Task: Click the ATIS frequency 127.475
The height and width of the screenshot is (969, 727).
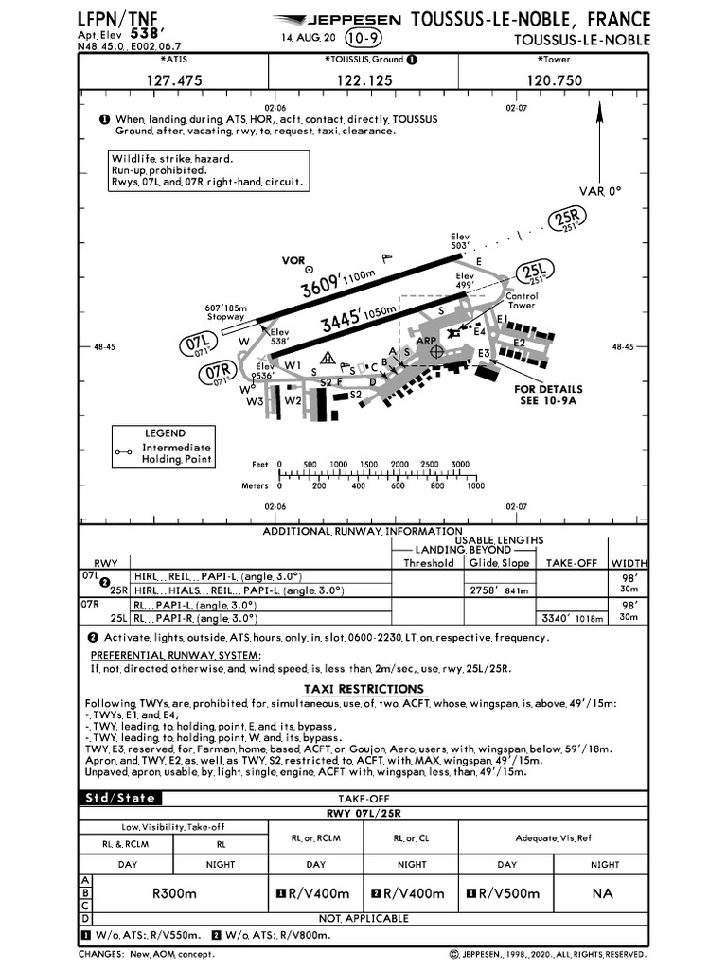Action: click(174, 80)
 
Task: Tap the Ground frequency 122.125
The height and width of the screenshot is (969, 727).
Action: click(363, 80)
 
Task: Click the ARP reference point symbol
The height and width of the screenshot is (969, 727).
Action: click(436, 351)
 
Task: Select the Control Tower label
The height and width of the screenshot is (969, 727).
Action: click(522, 300)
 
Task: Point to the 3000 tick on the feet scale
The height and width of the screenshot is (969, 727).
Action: click(460, 464)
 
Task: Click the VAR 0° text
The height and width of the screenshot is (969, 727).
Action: click(601, 190)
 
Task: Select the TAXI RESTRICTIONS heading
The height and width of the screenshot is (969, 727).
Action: click(363, 689)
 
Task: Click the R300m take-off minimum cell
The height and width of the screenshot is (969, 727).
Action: click(174, 893)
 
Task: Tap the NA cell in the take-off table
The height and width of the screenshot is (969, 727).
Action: click(603, 893)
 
